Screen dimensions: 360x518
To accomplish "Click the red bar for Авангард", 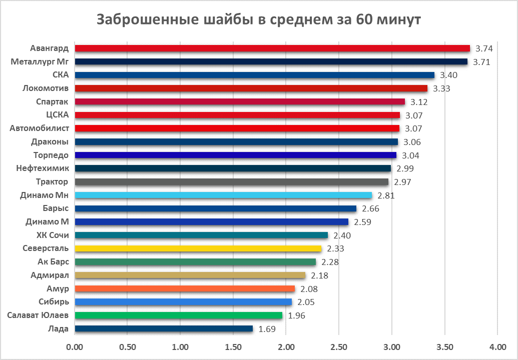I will (x=272, y=48).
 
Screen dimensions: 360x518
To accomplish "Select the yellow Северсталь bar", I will (x=198, y=248).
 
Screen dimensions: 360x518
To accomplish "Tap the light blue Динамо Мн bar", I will (x=223, y=195).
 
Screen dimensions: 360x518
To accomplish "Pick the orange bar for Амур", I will (x=185, y=288).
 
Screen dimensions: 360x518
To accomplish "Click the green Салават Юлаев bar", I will (x=178, y=315).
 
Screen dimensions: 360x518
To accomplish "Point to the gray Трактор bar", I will (x=231, y=181).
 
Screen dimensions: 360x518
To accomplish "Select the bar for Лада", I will (x=164, y=328).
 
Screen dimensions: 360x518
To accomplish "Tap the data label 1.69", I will (x=267, y=329).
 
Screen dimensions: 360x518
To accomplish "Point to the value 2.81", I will (x=386, y=195).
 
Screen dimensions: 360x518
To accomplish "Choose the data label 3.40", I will (x=448, y=75).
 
